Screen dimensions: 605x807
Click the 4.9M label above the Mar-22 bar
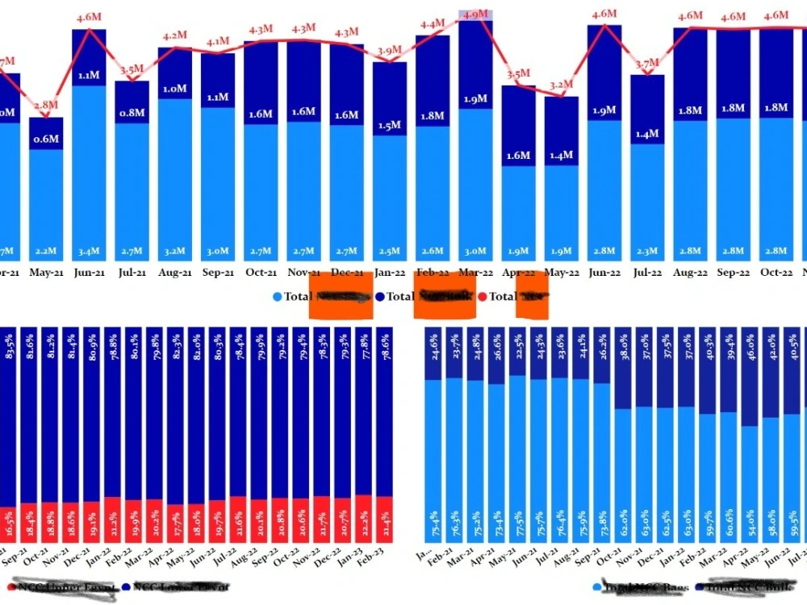pos(475,15)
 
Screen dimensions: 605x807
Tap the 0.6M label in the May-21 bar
pos(46,139)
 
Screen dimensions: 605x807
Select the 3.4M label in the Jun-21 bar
pos(89,252)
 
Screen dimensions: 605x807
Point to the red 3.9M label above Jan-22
pos(390,51)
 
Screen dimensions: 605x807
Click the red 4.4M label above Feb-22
pos(433,24)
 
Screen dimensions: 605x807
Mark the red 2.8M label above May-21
pos(46,105)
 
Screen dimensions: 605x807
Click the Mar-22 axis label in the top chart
pos(475,273)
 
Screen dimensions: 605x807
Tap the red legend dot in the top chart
pos(483,297)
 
